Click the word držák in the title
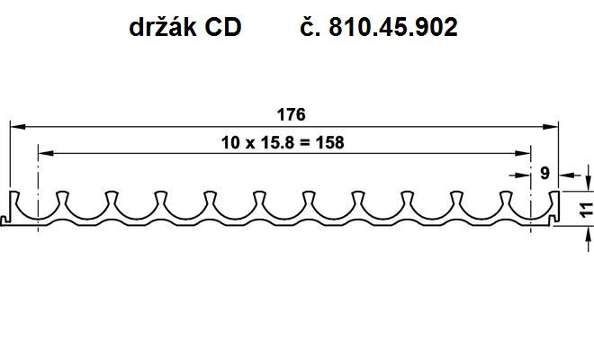tap(163, 27)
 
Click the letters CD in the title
tap(223, 27)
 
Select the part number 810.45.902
tap(392, 27)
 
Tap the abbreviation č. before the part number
tap(309, 27)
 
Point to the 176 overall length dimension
tap(291, 114)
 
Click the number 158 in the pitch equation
tap(330, 143)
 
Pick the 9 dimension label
tap(544, 173)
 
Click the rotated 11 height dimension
tap(587, 210)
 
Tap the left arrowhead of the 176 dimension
tap(17, 126)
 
